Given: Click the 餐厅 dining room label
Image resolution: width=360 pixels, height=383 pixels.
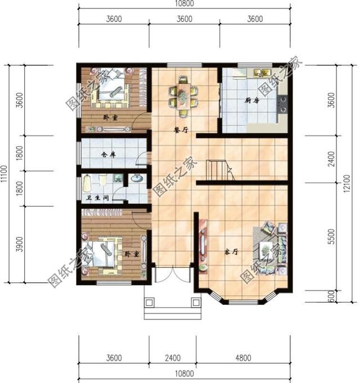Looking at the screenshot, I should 180,129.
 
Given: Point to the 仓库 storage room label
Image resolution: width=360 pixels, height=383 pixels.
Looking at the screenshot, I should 107,154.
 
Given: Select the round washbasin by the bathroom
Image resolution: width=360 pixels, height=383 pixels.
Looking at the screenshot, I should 136,181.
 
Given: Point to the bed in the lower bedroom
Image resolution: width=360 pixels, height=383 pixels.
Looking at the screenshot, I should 105,252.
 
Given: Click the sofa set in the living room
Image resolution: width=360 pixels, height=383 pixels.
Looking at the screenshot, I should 271,247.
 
